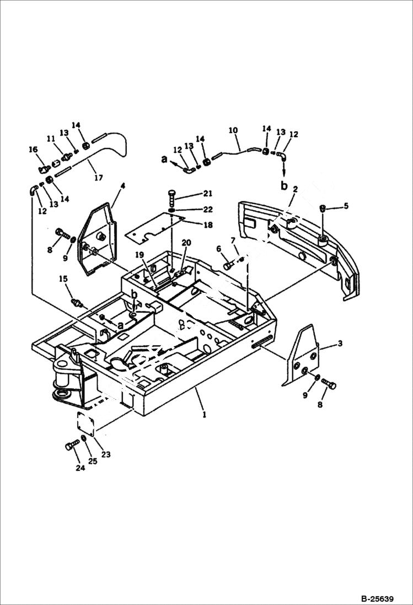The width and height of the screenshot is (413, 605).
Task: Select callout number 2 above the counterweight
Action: point(296,189)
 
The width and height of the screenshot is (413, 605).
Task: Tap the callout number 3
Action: point(340,344)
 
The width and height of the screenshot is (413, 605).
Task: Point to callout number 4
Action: point(122,186)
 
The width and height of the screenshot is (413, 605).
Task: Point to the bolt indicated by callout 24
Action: point(71,445)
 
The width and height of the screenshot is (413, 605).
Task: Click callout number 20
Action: point(186,243)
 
